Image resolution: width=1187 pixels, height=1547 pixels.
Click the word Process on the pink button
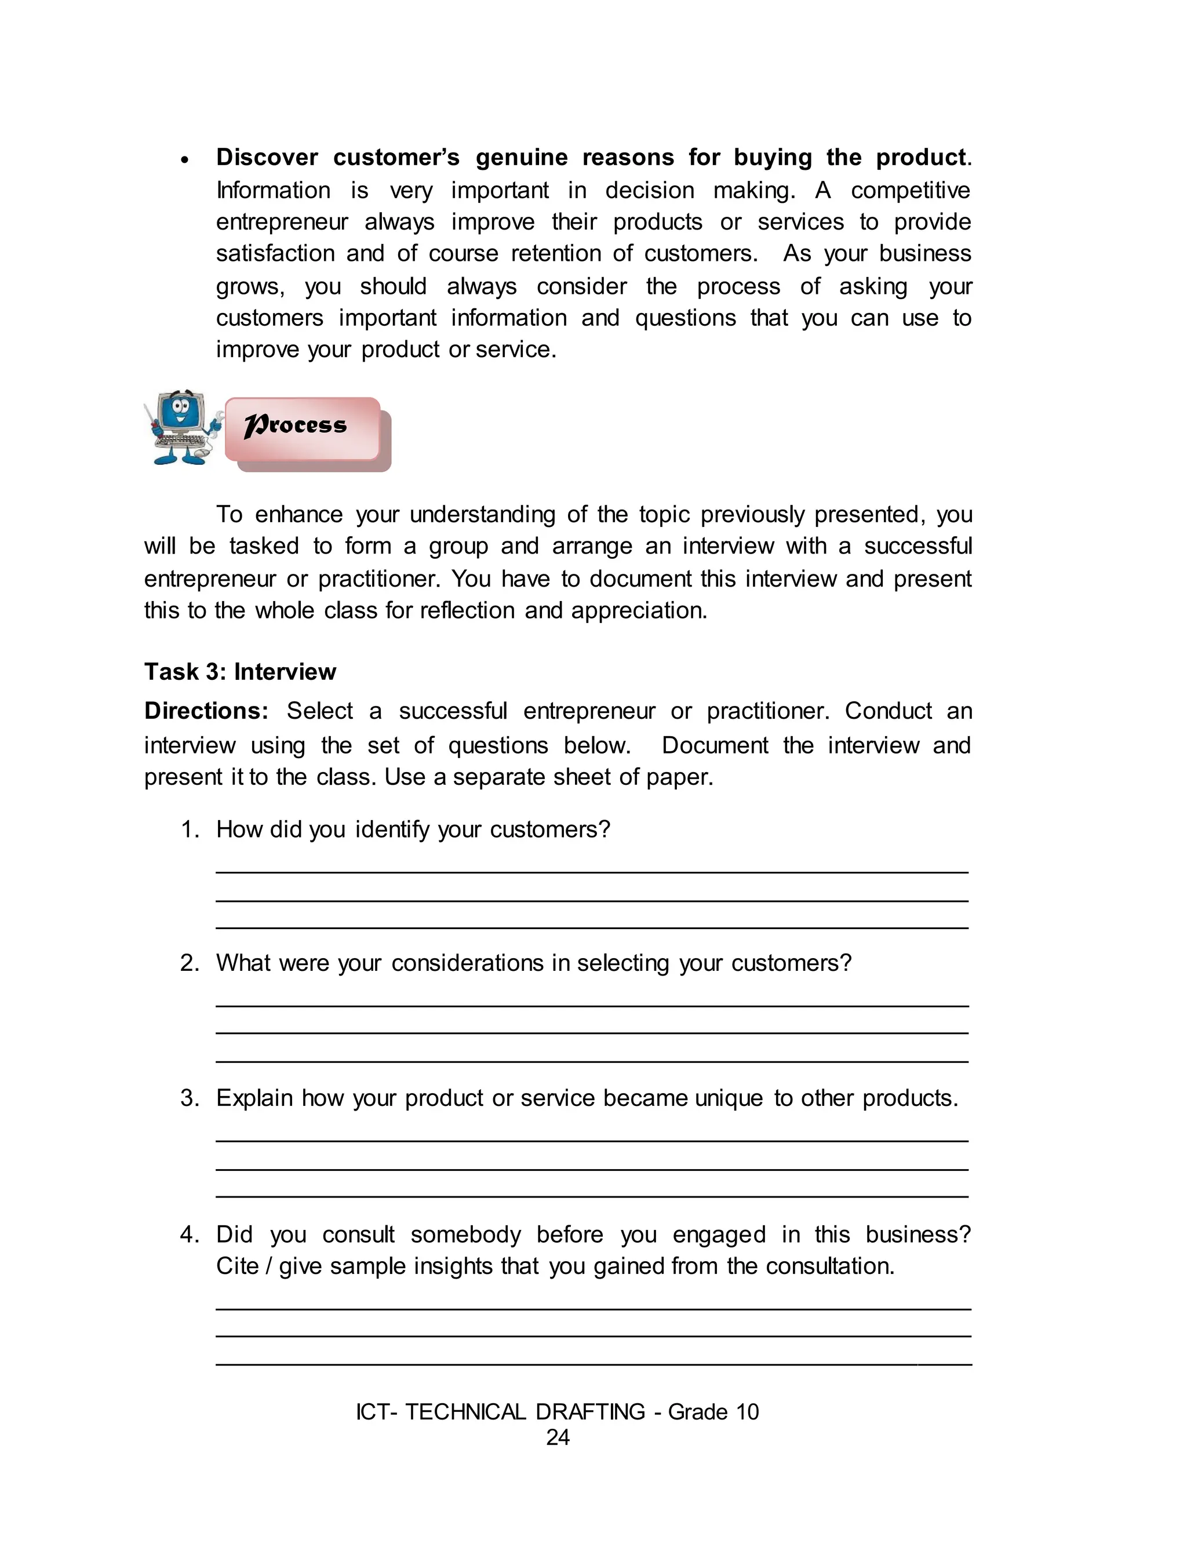pos(296,425)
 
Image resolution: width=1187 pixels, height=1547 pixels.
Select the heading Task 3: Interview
pos(239,672)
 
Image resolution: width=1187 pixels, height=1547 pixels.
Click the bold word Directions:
pos(206,711)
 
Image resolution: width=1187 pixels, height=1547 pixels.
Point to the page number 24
pos(558,1437)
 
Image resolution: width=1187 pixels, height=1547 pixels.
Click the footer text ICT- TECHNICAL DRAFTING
pos(500,1411)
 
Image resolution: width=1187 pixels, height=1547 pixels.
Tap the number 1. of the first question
pos(190,829)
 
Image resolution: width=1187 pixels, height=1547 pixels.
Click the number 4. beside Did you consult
pos(190,1234)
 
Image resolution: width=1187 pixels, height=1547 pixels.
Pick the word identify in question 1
pos(392,829)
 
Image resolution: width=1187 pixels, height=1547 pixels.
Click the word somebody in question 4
pos(465,1234)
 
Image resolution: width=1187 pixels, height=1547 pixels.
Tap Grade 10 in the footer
pos(713,1411)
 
